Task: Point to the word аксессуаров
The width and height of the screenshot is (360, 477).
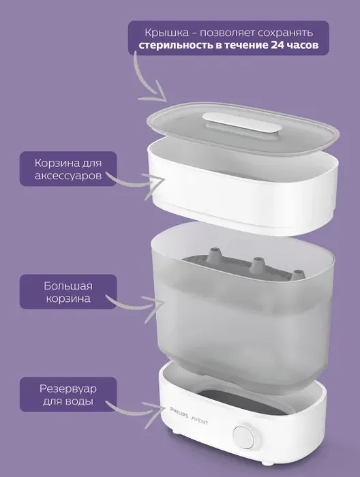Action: (x=68, y=176)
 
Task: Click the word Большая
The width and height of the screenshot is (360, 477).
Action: (x=68, y=286)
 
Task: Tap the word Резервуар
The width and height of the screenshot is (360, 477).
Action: (x=68, y=389)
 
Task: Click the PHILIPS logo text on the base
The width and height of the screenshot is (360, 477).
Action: (x=179, y=413)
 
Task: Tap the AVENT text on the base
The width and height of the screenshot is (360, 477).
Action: (x=200, y=421)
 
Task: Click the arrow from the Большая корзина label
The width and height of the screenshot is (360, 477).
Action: (x=137, y=307)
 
